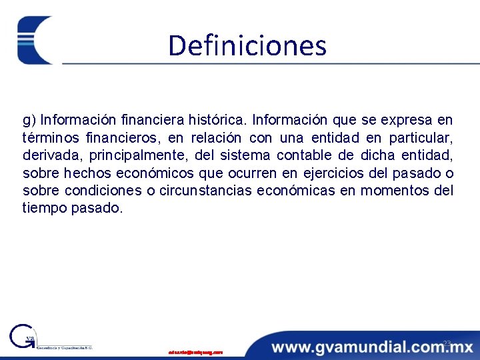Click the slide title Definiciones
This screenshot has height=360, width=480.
247,45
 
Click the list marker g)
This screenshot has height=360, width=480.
29,121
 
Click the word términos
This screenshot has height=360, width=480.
47,138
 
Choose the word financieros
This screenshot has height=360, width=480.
123,138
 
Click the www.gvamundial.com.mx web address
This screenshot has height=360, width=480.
372,347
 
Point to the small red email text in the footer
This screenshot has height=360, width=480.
195,351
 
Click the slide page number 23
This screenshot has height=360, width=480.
447,343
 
